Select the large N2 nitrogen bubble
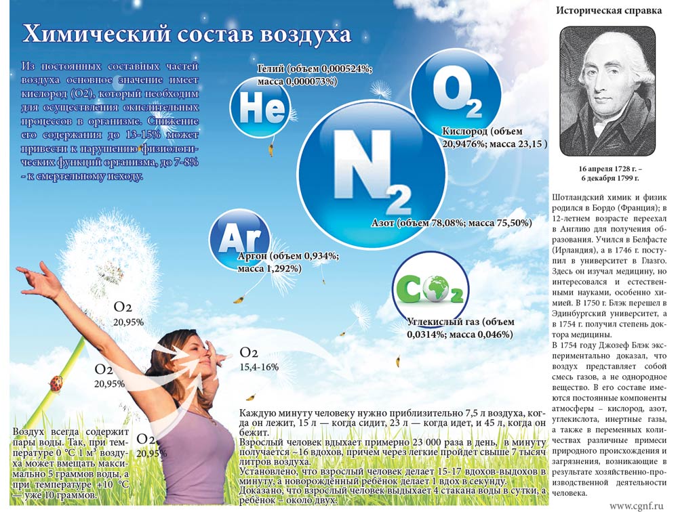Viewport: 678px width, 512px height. pos(372,173)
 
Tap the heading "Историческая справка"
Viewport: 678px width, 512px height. pos(606,10)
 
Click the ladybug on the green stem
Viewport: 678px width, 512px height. pos(56,383)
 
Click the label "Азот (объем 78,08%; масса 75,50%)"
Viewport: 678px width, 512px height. pos(451,222)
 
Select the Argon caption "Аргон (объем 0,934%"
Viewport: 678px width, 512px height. pos(288,257)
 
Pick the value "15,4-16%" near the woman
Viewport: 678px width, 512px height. pos(259,367)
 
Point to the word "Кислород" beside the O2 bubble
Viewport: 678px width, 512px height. pos(464,131)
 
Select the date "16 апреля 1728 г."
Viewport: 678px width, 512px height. pos(607,167)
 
